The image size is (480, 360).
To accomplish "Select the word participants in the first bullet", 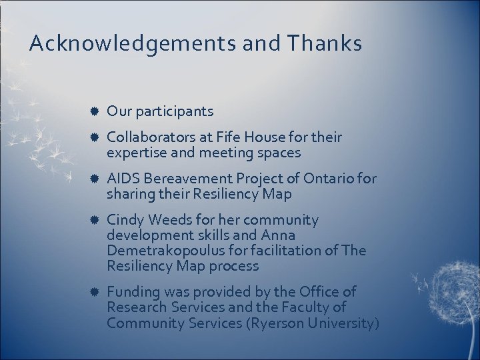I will tap(173, 111).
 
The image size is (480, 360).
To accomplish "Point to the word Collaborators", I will tap(149, 137).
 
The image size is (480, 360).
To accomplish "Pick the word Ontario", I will tap(331, 179).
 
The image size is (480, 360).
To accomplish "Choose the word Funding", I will tap(132, 292).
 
